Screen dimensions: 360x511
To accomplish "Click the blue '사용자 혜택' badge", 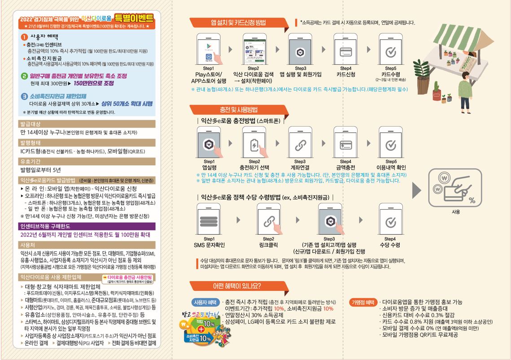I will tap(205, 302).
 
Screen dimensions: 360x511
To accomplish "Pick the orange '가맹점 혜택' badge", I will tap(364, 302).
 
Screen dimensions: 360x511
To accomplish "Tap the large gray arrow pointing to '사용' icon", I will tap(417, 189).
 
